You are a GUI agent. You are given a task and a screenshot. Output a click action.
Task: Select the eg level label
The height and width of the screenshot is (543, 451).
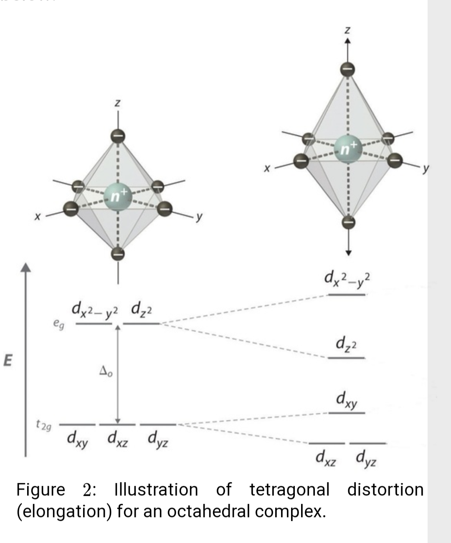(x=58, y=323)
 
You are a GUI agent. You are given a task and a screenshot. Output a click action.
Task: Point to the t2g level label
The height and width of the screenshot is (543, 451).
(x=43, y=426)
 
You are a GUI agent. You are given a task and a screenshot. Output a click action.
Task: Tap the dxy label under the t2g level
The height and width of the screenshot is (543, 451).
(x=78, y=439)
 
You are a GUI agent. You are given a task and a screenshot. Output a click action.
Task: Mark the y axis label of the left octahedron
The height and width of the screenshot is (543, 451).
(x=200, y=217)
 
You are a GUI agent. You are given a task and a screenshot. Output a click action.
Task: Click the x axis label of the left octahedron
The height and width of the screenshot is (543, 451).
(x=38, y=217)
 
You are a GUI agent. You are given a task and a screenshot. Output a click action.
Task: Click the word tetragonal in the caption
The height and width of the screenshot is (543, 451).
(x=289, y=490)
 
